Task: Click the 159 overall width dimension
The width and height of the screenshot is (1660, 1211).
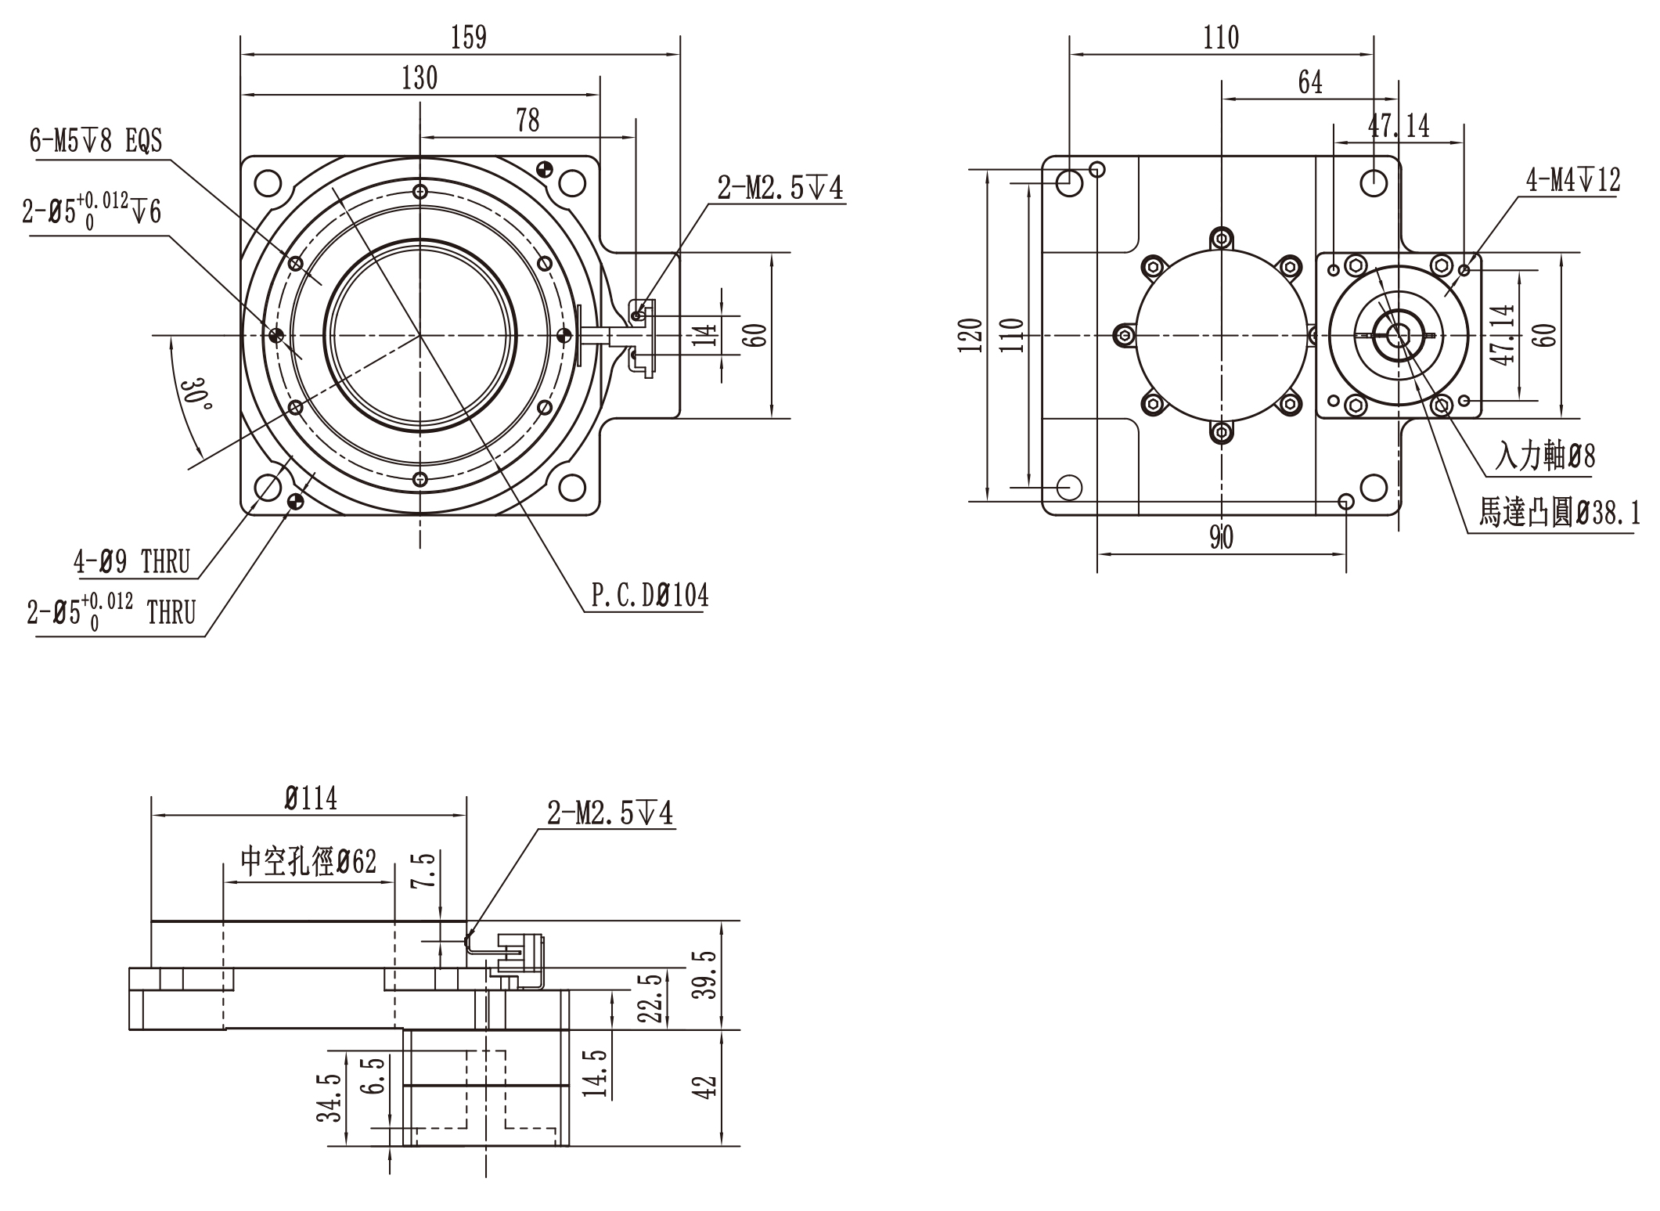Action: tap(468, 38)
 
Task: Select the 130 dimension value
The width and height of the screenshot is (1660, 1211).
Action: tap(420, 78)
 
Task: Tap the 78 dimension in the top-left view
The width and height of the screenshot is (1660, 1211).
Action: tap(528, 121)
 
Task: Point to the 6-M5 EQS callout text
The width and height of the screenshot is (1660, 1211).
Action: tap(95, 142)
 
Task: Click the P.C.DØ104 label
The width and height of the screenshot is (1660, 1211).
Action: tap(650, 596)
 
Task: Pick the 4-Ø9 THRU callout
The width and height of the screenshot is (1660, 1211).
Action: tap(132, 562)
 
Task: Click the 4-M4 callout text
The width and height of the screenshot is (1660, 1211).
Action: tap(1573, 181)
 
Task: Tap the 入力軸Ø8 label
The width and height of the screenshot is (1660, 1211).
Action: tap(1545, 456)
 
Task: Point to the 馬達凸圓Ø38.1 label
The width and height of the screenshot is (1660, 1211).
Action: tap(1559, 514)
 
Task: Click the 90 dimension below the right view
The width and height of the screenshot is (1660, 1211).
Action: tap(1221, 537)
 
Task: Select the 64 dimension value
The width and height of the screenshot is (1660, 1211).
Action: tap(1310, 82)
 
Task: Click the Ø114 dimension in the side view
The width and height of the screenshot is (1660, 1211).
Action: tap(311, 798)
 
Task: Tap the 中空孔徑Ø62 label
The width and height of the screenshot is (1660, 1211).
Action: tap(308, 862)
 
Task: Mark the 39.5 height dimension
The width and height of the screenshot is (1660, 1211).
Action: tap(708, 974)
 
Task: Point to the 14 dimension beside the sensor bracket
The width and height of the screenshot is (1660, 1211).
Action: tap(706, 335)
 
